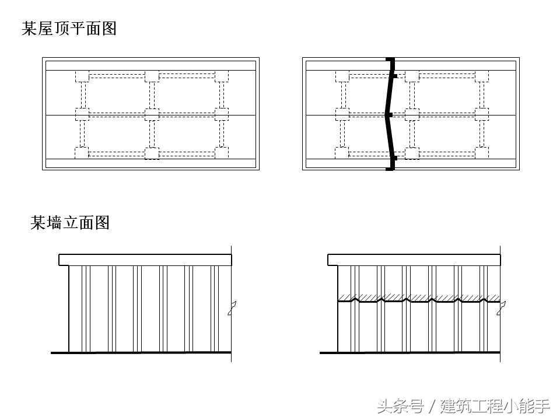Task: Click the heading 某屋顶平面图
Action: point(69,29)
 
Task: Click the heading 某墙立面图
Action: point(70,222)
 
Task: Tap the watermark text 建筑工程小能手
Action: point(495,405)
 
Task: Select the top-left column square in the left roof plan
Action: point(82,76)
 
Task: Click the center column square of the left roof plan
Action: point(152,114)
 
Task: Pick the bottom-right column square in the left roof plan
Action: point(221,153)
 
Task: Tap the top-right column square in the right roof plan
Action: point(481,76)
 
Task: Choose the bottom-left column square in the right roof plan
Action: point(342,153)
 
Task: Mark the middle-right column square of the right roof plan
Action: point(481,114)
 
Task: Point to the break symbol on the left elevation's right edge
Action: point(232,308)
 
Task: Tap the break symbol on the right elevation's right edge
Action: point(500,308)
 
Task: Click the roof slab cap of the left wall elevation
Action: point(145,260)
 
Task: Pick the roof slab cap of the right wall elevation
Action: point(414,260)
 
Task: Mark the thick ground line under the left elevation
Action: point(141,352)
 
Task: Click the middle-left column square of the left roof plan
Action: point(82,114)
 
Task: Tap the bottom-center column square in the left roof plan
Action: point(152,153)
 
